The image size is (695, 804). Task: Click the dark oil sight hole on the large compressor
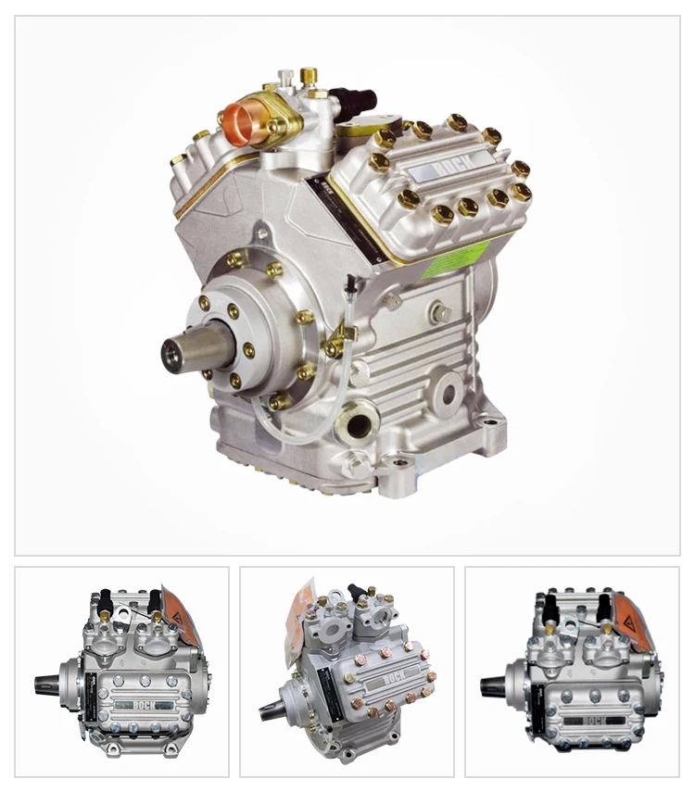coord(358,425)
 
